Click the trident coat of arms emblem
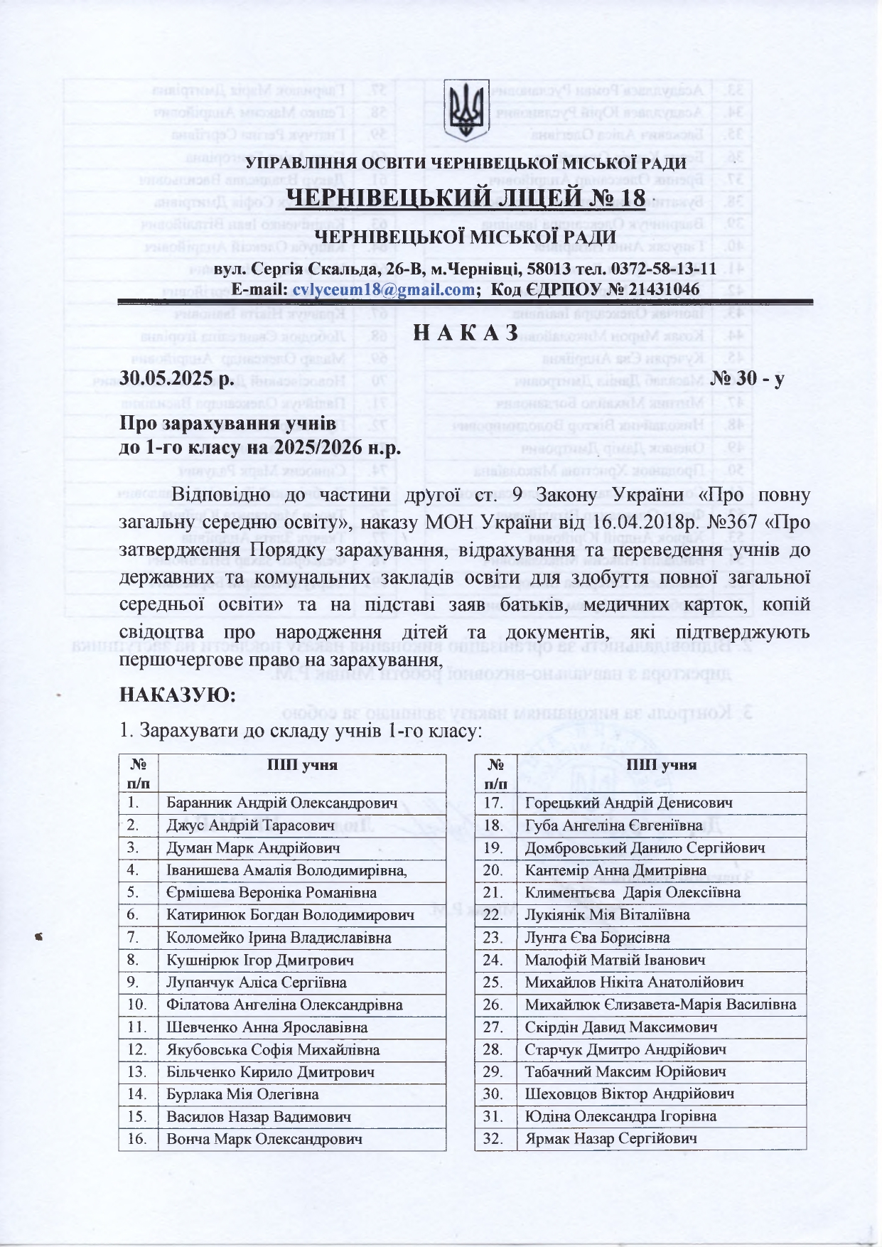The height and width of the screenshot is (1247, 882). pos(466,111)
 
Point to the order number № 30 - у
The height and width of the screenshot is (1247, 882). pos(747,379)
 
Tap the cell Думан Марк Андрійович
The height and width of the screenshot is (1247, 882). pos(253,848)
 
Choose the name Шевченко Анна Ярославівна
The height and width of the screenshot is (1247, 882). pos(267,1027)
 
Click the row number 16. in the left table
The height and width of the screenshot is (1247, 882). pos(137,1139)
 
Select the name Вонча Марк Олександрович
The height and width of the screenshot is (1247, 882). pos(264,1139)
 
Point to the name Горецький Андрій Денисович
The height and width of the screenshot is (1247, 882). pos(628,803)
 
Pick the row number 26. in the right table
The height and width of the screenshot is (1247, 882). pos(493,1005)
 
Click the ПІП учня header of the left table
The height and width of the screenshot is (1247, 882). pos(301,765)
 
